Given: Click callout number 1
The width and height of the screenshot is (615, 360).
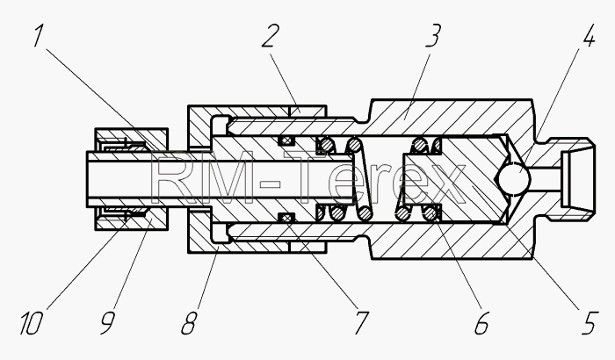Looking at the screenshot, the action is [38, 36].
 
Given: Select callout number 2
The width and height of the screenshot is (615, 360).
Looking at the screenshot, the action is [271, 36].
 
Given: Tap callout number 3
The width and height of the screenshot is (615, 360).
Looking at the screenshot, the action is [432, 36].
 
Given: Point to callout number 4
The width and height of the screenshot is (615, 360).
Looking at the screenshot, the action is [589, 36].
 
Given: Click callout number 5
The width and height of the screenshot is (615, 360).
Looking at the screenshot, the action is [590, 323].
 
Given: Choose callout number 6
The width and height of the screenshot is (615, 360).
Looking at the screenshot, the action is [481, 323].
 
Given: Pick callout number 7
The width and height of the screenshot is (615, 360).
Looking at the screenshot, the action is [362, 323].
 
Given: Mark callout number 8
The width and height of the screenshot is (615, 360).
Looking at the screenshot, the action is [189, 323].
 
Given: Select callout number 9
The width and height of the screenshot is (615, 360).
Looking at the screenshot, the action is [107, 323].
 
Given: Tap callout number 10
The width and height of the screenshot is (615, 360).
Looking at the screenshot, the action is [31, 323].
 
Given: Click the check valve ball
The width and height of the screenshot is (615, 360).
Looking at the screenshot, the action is [514, 178].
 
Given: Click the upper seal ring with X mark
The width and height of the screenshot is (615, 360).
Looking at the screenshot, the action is [286, 140].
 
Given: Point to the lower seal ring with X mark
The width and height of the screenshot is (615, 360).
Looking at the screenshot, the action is [286, 217].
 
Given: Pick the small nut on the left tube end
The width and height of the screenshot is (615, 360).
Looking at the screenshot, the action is [132, 179].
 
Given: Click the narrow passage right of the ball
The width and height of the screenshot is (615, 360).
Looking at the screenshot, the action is [546, 179].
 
